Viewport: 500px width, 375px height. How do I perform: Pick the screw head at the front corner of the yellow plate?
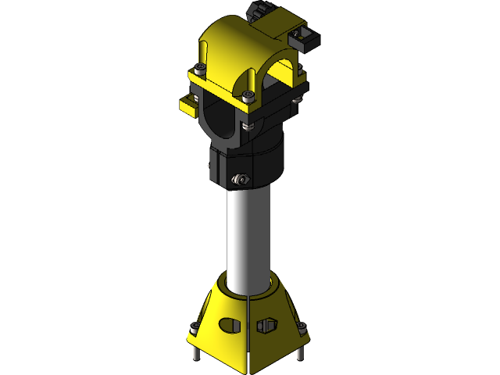point(248,96)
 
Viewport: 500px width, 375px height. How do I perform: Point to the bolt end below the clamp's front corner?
point(248,123)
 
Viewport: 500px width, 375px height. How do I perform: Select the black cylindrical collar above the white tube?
point(246,160)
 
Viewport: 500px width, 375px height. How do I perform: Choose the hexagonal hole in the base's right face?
point(268,324)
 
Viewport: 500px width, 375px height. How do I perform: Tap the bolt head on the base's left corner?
point(195,327)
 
